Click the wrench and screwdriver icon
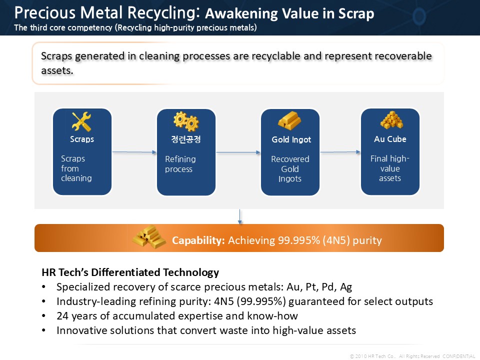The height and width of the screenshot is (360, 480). click(81, 121)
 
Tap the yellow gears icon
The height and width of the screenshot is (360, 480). click(186, 121)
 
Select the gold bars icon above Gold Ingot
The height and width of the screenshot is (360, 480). click(289, 120)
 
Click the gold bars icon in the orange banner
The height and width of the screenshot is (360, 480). click(149, 237)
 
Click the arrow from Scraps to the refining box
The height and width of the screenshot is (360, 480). click(134, 152)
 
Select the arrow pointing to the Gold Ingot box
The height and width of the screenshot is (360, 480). click(238, 152)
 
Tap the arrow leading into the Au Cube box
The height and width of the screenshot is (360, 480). click(340, 152)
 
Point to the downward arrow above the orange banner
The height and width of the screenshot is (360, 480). click(239, 216)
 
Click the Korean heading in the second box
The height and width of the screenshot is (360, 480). click(186, 139)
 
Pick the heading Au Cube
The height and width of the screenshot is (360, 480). click(390, 139)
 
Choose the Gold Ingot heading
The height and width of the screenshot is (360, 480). click(291, 139)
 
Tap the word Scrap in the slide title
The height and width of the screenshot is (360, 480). click(356, 13)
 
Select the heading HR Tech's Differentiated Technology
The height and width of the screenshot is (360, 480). click(130, 272)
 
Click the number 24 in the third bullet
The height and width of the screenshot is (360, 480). click(62, 315)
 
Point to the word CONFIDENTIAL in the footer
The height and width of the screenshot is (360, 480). click(458, 356)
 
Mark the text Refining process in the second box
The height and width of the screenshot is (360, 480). click(180, 164)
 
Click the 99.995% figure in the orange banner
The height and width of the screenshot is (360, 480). click(299, 240)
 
